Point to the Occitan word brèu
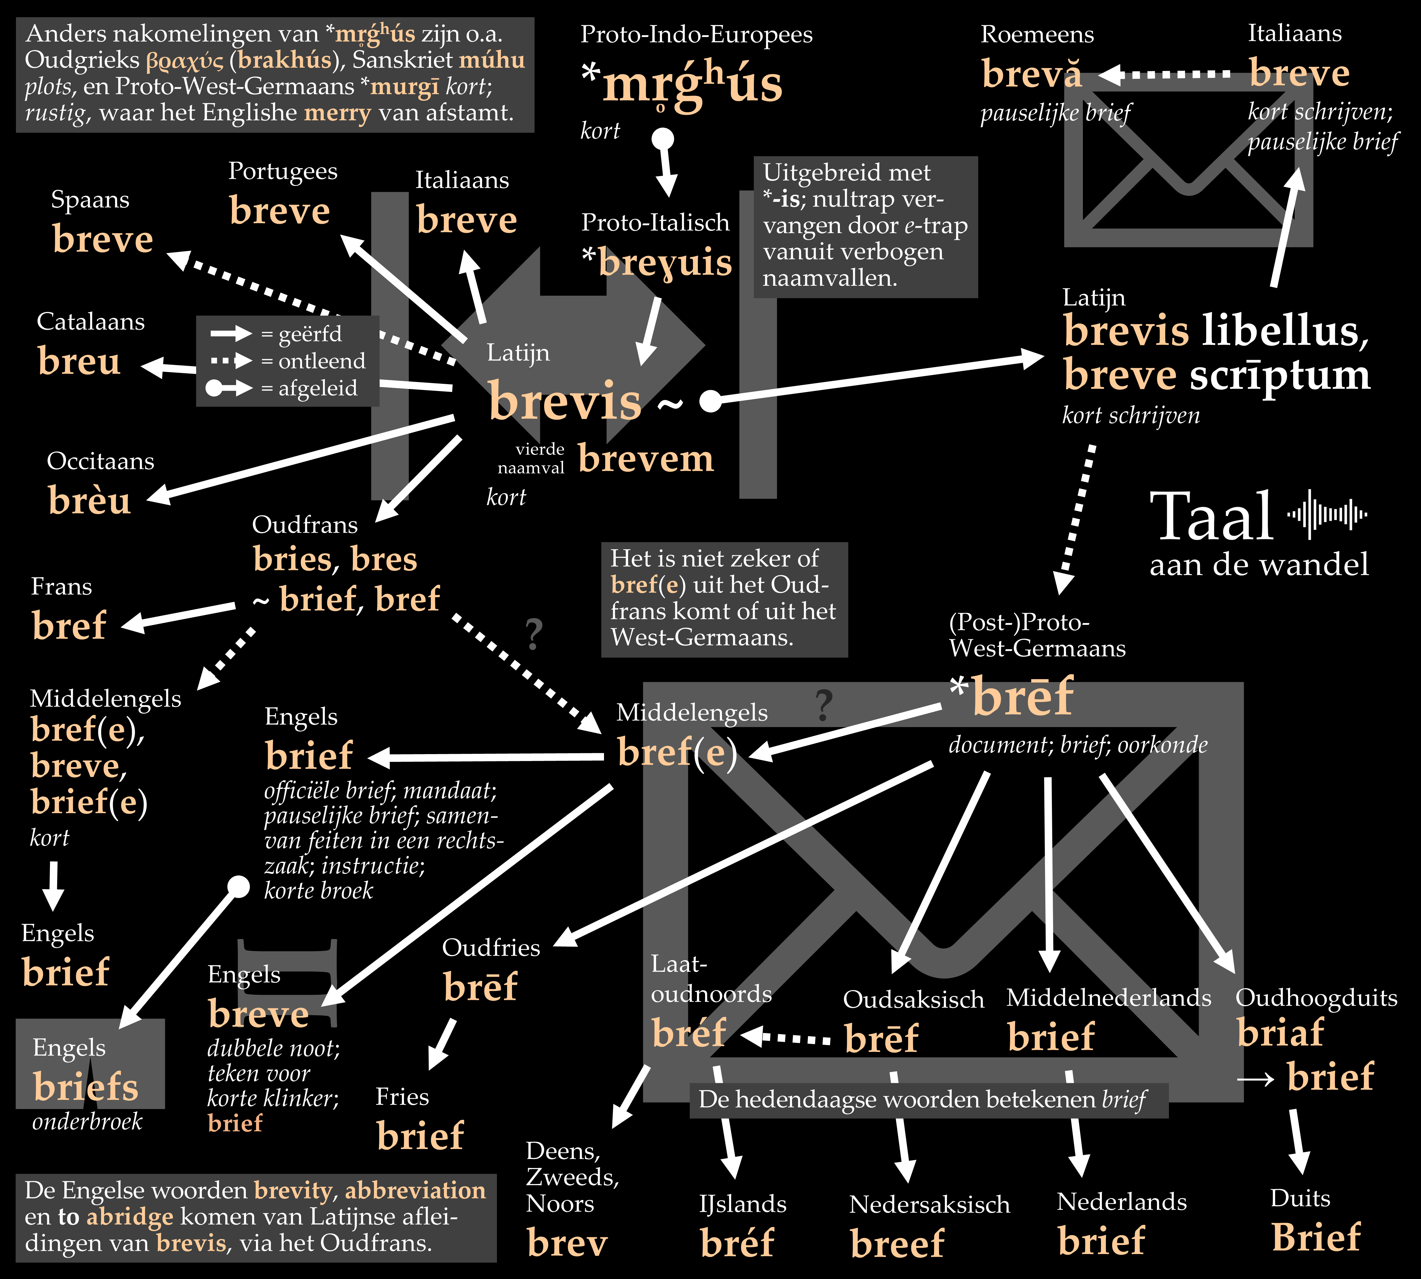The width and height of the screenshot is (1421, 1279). point(89,500)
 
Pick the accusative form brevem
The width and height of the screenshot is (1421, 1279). point(645,459)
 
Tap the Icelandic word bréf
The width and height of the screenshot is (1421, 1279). point(736,1243)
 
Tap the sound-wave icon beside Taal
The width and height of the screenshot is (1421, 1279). point(1327,514)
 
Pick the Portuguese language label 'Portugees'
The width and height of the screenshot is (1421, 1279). point(282,171)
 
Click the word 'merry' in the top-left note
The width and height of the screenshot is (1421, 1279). point(337,112)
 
